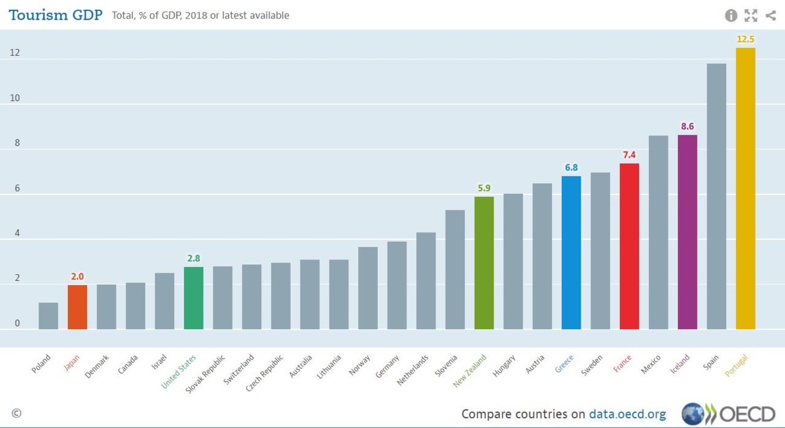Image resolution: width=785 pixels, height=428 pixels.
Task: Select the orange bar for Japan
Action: click(x=77, y=307)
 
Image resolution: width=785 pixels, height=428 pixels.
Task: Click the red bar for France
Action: click(x=629, y=246)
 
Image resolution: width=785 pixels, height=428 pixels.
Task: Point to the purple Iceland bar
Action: click(x=687, y=232)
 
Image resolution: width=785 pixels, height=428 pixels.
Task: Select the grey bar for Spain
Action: click(x=716, y=196)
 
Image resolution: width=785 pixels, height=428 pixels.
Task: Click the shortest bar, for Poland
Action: click(x=48, y=316)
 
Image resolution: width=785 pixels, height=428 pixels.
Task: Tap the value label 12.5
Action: click(x=745, y=39)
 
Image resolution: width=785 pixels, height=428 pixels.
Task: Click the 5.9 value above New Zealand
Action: click(x=484, y=188)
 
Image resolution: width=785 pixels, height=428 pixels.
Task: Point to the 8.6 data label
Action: click(x=687, y=126)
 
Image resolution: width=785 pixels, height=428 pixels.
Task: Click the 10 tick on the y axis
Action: click(x=15, y=98)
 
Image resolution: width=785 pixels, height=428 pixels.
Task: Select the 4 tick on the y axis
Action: click(x=17, y=233)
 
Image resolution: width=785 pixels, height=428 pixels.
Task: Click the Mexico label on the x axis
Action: click(x=651, y=364)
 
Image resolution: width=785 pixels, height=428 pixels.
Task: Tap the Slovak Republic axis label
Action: click(x=206, y=372)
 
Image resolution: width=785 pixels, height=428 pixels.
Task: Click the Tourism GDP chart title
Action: click(x=55, y=15)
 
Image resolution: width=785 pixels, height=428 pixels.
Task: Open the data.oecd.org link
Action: click(x=627, y=414)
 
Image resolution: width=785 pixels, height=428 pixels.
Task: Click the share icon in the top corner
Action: click(x=771, y=15)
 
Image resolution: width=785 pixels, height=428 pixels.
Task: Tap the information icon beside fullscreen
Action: click(x=731, y=15)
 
